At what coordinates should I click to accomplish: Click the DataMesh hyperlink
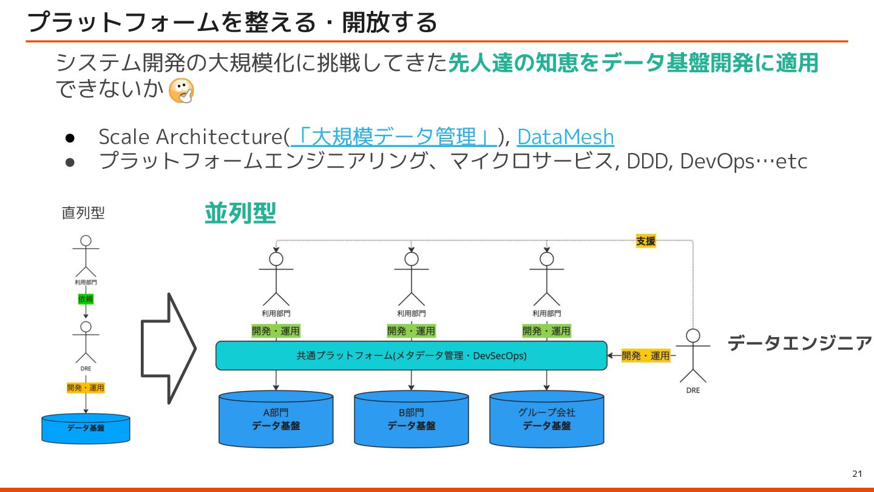565,137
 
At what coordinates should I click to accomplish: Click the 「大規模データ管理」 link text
395,137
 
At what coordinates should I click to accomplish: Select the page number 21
858,474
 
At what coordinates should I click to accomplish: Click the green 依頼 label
86,299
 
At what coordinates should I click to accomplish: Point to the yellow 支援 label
646,241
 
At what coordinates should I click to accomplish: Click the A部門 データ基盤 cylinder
276,419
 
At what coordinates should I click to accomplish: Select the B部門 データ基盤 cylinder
411,419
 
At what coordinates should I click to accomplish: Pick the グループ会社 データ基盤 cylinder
546,419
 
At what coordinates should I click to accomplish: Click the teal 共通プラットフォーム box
411,355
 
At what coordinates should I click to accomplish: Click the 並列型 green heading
240,213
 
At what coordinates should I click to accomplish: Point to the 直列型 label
83,213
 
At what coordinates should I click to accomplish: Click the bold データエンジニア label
799,343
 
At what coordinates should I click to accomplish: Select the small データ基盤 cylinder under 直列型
86,428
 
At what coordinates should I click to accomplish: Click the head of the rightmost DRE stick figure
693,336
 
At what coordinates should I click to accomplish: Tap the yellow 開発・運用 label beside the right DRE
646,355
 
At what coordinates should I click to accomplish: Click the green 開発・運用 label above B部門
412,331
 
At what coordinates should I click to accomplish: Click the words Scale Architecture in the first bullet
191,137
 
